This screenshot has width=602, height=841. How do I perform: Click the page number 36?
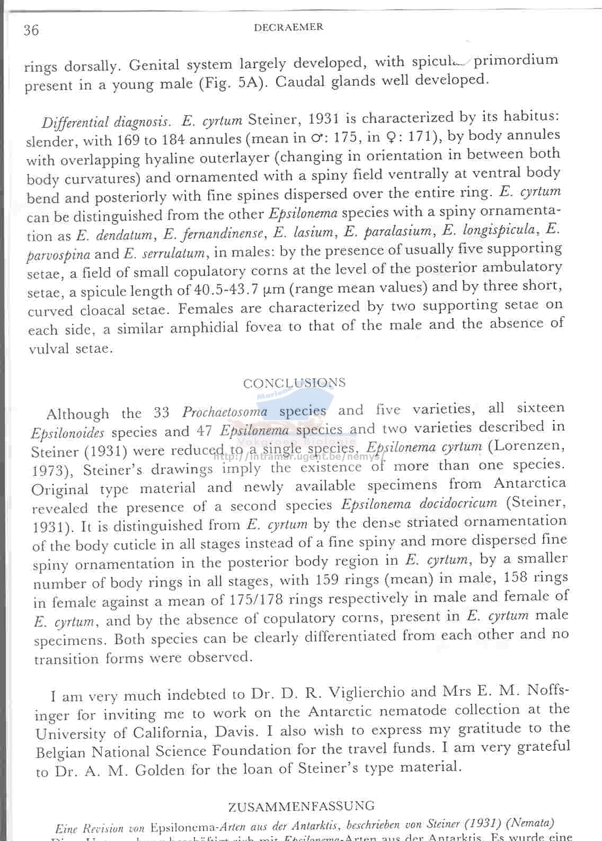(x=31, y=30)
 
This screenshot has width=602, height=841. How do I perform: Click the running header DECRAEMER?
(x=288, y=28)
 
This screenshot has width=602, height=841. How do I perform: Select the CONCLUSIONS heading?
(x=294, y=383)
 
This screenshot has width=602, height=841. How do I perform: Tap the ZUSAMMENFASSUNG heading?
(x=301, y=807)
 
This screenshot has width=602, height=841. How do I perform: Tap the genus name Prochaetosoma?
(x=225, y=412)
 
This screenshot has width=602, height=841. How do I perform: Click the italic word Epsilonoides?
(x=68, y=433)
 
